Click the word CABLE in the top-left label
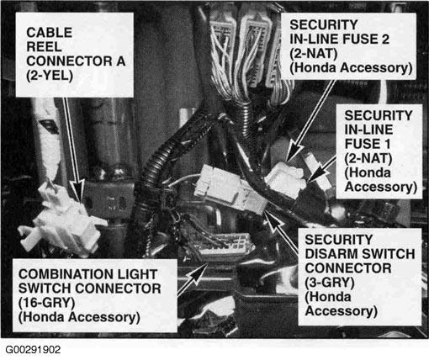(50, 33)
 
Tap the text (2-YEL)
(50, 76)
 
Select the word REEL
(44, 47)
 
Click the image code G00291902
(33, 350)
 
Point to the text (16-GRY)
(47, 303)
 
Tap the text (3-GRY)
(330, 283)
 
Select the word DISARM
(331, 254)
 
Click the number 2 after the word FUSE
(385, 39)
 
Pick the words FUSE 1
(368, 144)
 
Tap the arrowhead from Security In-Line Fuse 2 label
(294, 154)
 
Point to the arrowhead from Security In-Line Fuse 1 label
(315, 174)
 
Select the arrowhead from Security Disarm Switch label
(273, 220)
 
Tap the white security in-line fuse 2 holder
(285, 179)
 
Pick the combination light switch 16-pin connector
(225, 246)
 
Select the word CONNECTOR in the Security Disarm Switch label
(348, 268)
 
